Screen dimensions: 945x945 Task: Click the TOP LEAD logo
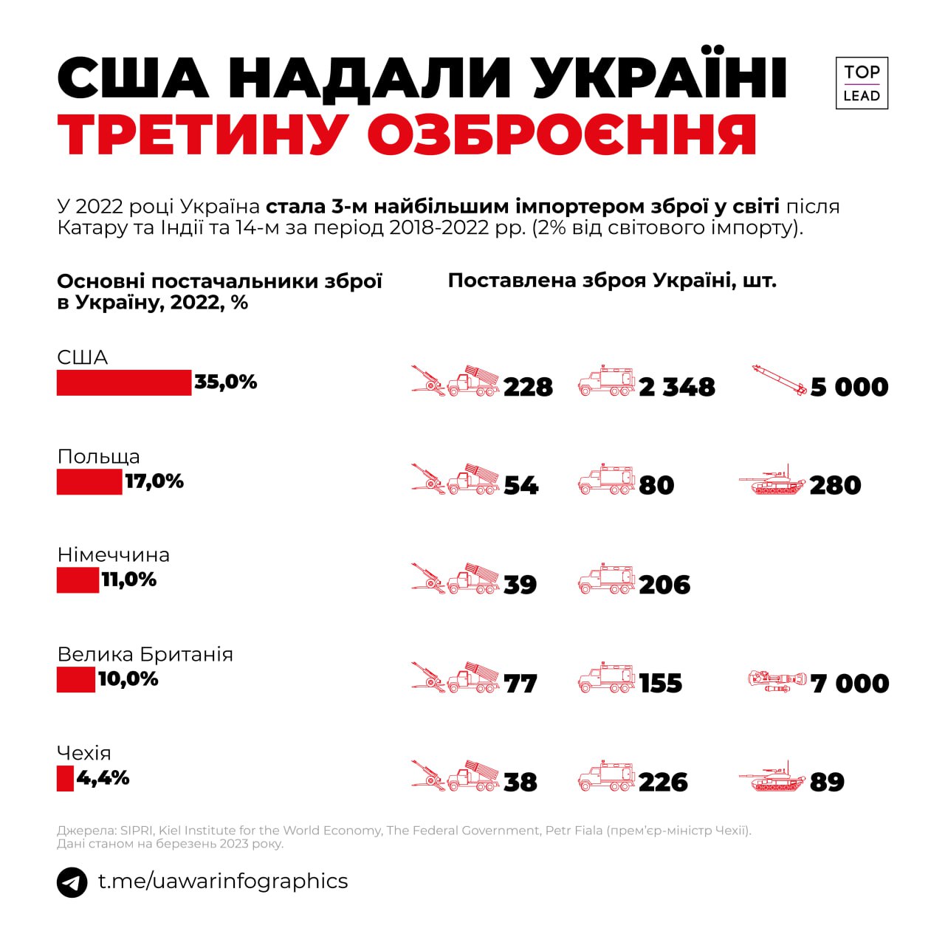click(862, 83)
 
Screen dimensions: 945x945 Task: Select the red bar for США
click(124, 382)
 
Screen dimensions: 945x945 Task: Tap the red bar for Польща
click(89, 482)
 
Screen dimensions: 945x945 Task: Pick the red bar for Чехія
click(65, 778)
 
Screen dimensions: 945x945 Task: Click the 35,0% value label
click(226, 382)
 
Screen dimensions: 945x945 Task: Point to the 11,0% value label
click(129, 580)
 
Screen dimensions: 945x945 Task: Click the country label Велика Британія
click(145, 654)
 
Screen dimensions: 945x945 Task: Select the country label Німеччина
click(114, 554)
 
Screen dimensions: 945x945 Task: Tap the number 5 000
click(849, 387)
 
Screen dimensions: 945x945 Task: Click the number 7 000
click(850, 684)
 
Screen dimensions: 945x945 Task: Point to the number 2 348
click(677, 387)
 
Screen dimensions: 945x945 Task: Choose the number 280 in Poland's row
click(835, 486)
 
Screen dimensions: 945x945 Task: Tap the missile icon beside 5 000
click(778, 380)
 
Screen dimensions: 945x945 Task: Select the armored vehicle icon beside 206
click(606, 581)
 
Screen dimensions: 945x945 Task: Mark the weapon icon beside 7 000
click(777, 681)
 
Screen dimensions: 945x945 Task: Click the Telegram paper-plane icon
click(72, 882)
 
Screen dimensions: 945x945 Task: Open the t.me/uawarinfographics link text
click(223, 882)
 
